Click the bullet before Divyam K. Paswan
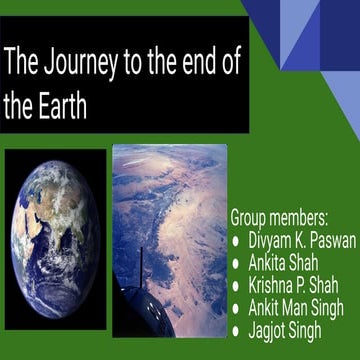tap(235, 241)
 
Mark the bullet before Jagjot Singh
tap(235, 330)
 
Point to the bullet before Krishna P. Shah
tap(235, 286)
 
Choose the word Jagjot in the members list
tap(269, 329)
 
